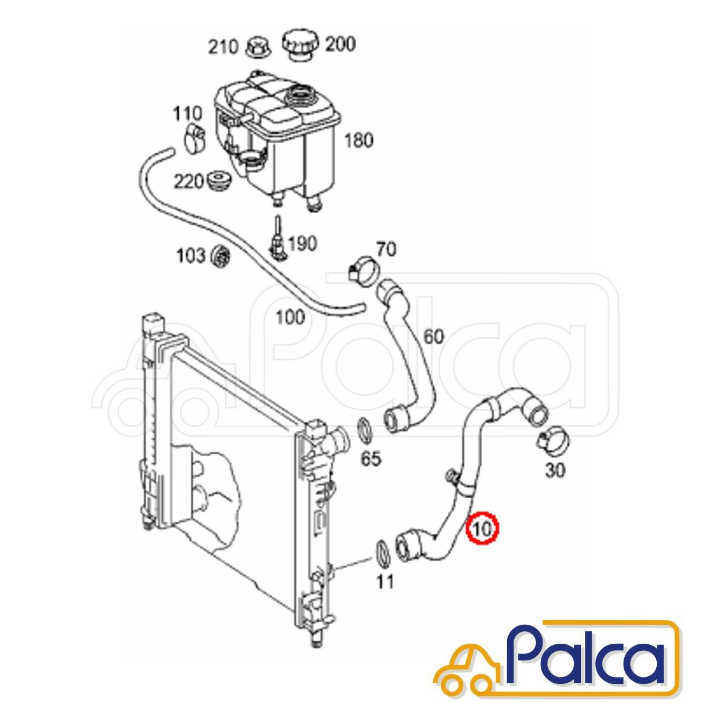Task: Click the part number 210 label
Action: [x=223, y=48]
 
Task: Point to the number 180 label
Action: [x=359, y=140]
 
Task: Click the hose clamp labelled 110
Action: [x=194, y=139]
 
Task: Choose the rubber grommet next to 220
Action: [x=220, y=181]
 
